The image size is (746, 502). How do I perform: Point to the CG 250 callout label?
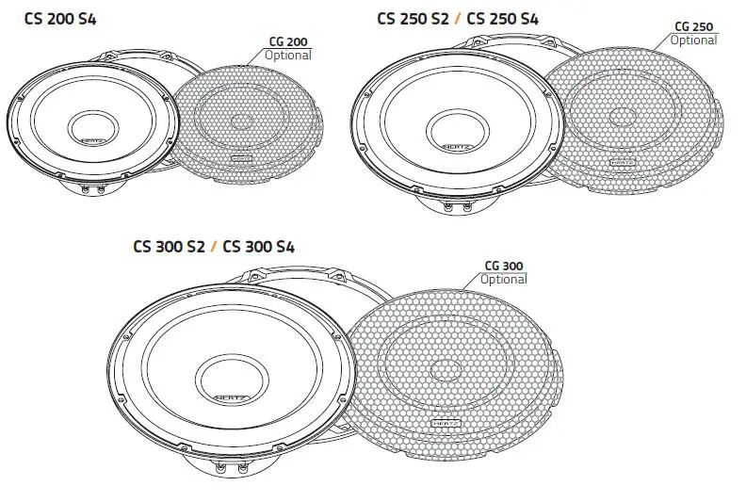[x=695, y=26]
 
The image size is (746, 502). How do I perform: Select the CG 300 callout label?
[x=504, y=267]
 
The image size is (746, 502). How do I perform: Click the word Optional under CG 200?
[x=288, y=55]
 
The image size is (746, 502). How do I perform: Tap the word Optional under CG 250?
[x=694, y=40]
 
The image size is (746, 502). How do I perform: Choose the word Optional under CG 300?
[x=504, y=279]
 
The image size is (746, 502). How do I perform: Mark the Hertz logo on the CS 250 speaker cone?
[x=451, y=147]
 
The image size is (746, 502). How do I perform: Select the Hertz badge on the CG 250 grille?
[x=622, y=162]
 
